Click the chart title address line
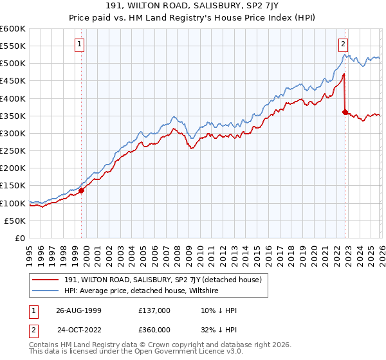pyautogui.click(x=192, y=6)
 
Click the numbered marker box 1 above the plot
pyautogui.click(x=80, y=44)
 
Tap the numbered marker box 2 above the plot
pyautogui.click(x=343, y=44)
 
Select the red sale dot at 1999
pyautogui.click(x=82, y=190)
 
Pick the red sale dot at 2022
pyautogui.click(x=345, y=112)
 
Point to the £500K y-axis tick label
pyautogui.click(x=13, y=64)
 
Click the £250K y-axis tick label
pyautogui.click(x=13, y=151)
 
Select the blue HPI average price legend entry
pyautogui.click(x=142, y=291)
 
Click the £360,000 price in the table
pyautogui.click(x=154, y=329)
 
